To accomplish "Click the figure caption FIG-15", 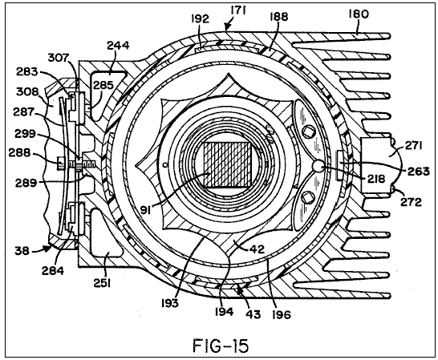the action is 221,346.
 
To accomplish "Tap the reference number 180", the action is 359,14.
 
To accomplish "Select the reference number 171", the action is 237,11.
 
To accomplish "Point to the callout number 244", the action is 118,45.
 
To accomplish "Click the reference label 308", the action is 27,91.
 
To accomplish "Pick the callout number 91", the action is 146,209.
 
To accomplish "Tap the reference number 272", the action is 411,201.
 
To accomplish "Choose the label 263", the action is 419,172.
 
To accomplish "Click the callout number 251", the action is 102,284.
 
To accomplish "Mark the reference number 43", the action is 253,314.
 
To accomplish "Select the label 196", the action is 282,315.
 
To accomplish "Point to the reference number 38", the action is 22,250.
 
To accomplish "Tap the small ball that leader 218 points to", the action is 318,167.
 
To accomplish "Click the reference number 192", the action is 200,19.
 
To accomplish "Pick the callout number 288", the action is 19,152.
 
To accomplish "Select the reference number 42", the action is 257,249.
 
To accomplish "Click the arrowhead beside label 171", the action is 227,26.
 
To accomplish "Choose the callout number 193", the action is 169,302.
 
